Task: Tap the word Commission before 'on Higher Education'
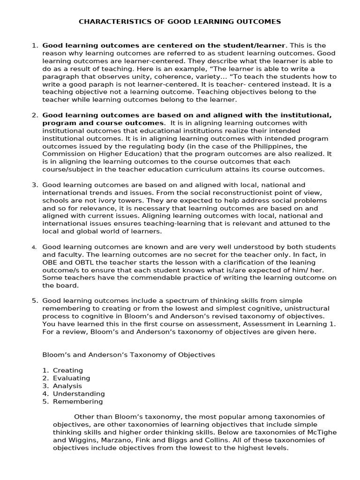61,153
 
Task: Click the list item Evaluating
71,378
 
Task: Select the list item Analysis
67,386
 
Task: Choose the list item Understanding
79,394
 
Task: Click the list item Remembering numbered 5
78,401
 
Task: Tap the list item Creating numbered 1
68,370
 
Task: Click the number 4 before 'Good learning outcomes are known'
34,247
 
